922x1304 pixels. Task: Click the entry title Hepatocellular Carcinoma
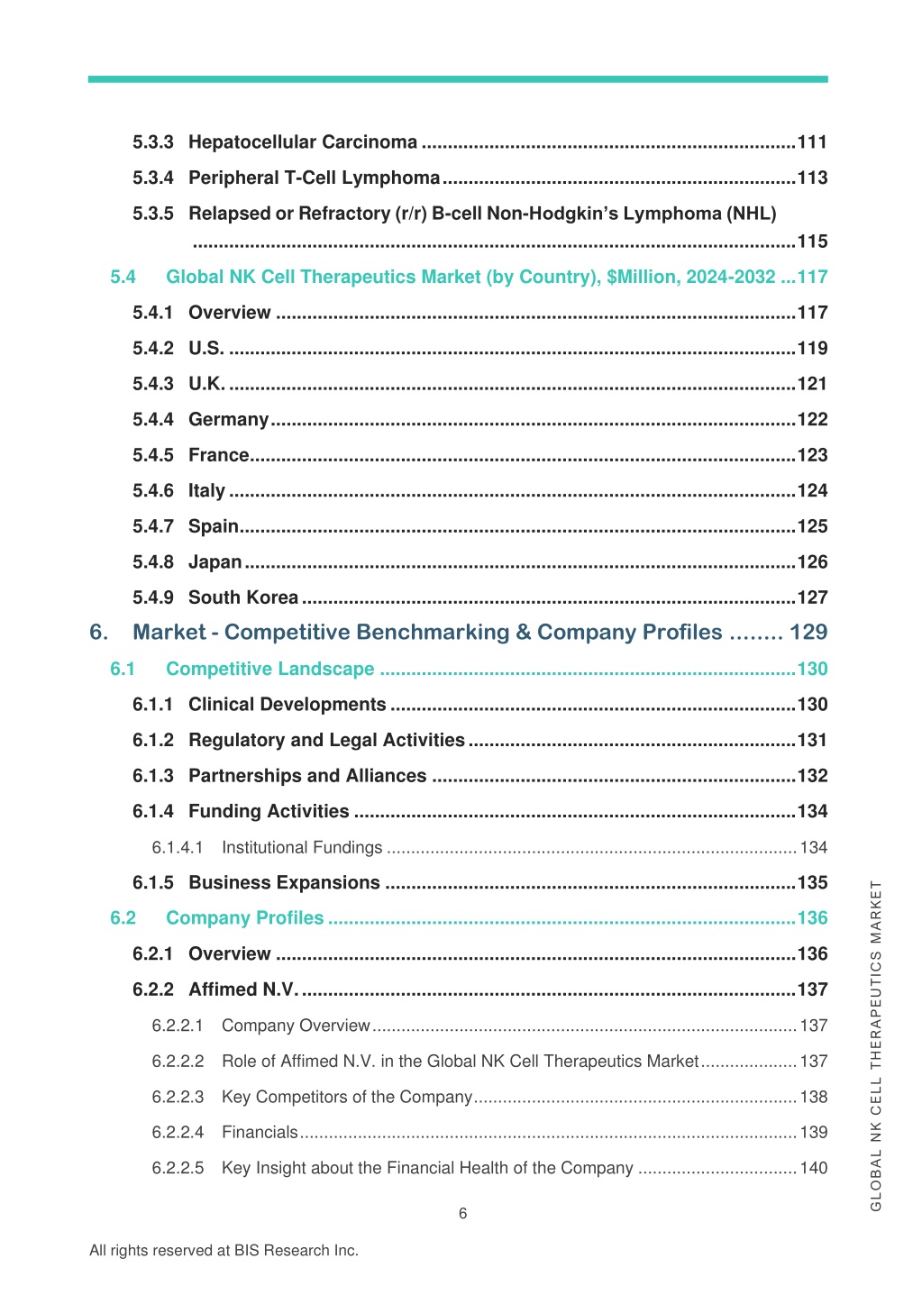pos(303,142)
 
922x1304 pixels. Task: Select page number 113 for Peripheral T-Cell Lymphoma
pos(812,178)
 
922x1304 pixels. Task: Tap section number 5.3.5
pos(152,214)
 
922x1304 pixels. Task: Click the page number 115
pos(812,241)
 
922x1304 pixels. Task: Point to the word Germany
pos(229,420)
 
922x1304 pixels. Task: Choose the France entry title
pos(219,455)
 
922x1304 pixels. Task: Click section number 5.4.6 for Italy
pos(152,491)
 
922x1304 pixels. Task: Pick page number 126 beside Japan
pos(812,561)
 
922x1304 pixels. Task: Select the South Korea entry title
pos(243,597)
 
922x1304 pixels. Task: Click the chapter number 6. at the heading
pos(99,633)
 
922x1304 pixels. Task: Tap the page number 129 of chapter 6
pos(808,633)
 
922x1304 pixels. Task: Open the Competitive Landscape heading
pos(270,669)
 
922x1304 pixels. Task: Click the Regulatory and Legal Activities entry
pos(326,741)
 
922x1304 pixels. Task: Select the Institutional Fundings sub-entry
pos(302,848)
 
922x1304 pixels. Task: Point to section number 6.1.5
pos(152,882)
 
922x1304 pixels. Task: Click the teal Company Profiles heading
pos(244,918)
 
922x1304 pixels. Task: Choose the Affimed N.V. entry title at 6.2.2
pos(243,989)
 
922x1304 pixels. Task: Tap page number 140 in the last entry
pos(814,1168)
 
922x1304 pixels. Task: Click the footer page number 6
pos(462,1214)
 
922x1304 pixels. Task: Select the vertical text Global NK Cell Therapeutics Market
pos(875,1046)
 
